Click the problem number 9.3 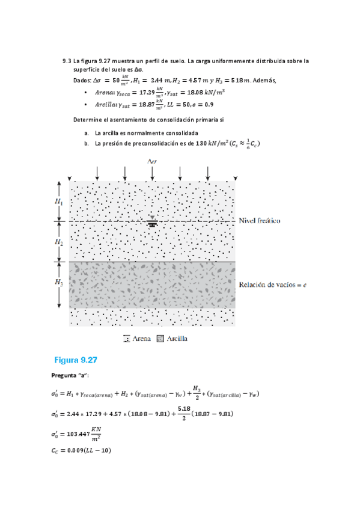coord(67,61)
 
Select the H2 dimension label coord(59,242)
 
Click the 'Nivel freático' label coord(259,221)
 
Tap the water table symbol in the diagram coord(152,221)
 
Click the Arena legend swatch coord(127,339)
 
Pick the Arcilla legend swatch coord(160,339)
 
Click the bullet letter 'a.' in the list coord(87,133)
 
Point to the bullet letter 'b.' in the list coord(87,143)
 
